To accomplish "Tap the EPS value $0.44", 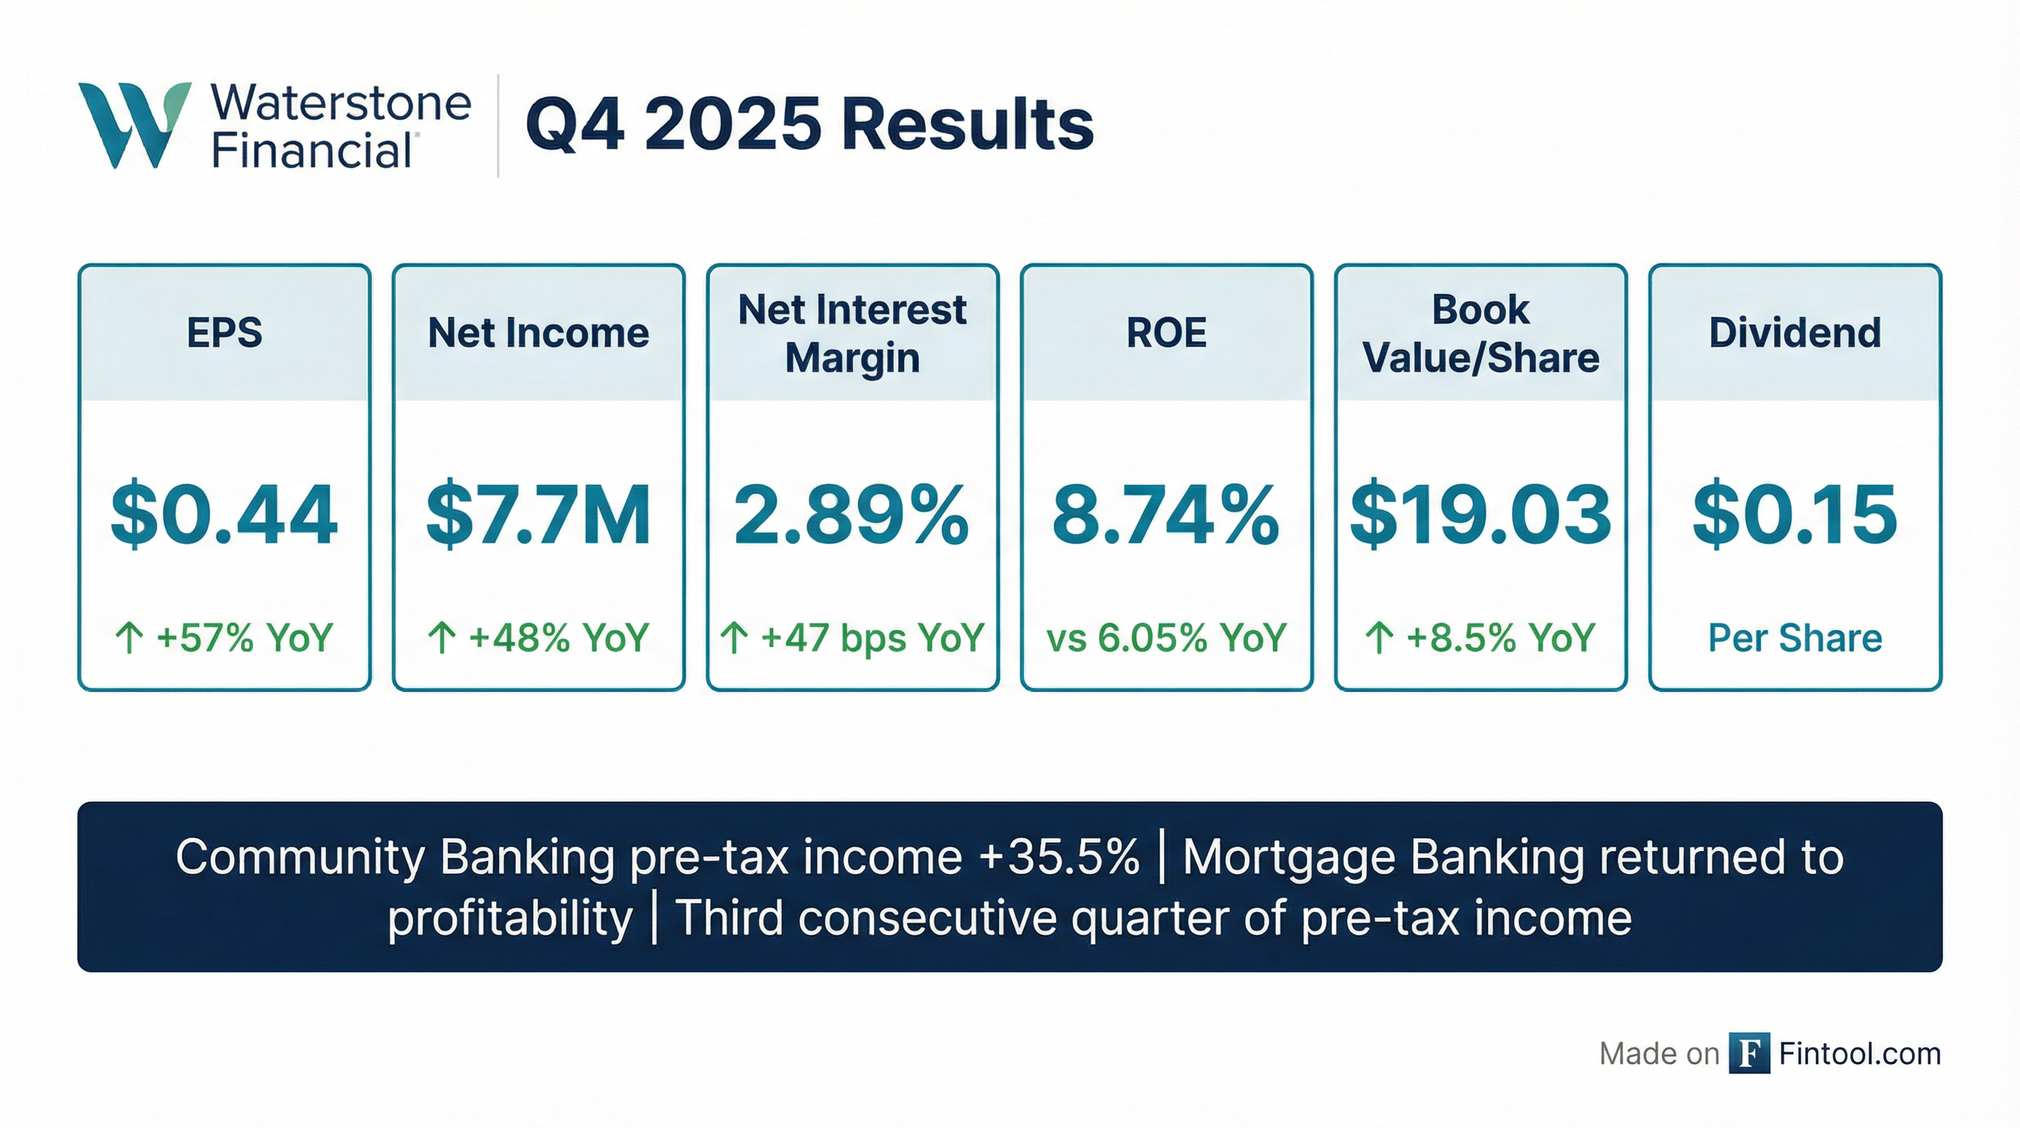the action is [225, 515].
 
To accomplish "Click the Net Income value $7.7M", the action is [539, 515].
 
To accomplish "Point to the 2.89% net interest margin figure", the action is [852, 515].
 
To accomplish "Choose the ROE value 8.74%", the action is [1166, 515].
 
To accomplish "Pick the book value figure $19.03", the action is [1481, 515].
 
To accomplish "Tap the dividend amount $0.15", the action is [1795, 515].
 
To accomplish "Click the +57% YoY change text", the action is [244, 637].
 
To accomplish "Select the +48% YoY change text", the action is [559, 637].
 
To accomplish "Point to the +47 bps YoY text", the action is [872, 637].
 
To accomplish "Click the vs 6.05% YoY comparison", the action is [1166, 637].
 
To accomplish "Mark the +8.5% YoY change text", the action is [1500, 637].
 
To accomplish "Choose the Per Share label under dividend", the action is [1795, 637].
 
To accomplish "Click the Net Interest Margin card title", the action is [852, 334].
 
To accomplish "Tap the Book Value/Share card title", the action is [1481, 334].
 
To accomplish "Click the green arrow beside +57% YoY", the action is [129, 637].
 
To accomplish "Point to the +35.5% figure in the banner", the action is [1058, 856].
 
